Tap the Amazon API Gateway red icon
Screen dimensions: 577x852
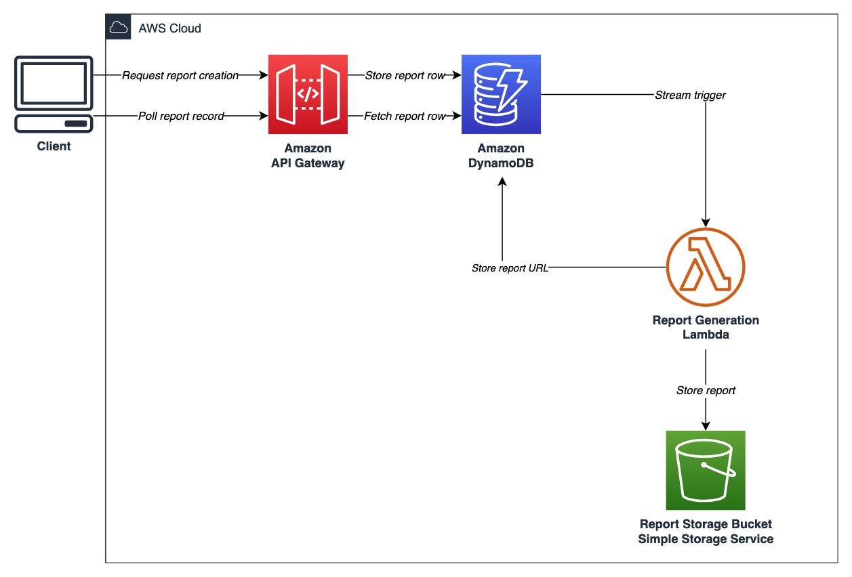coord(308,95)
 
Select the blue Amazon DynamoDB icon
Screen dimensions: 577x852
coord(501,95)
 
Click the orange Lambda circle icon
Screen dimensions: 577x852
coord(706,267)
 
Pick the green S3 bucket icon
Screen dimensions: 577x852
coord(706,470)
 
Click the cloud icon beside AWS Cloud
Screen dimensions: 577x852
coord(117,28)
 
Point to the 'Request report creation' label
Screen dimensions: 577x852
coord(180,76)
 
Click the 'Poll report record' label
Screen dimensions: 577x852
coord(180,116)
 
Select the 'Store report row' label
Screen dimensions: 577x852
coord(405,76)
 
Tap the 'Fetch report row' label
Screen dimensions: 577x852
coord(405,116)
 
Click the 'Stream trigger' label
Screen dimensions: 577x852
coord(690,95)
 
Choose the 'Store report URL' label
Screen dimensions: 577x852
coord(510,268)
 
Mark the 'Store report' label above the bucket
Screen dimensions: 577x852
coord(706,391)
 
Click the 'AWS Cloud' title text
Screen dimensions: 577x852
coord(169,28)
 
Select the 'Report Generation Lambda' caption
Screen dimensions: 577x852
coord(706,327)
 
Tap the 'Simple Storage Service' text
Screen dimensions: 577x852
coord(706,540)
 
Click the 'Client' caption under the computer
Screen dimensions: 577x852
coord(54,146)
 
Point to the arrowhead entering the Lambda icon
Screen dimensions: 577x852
coord(706,222)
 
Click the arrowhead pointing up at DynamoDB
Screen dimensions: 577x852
coord(502,183)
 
